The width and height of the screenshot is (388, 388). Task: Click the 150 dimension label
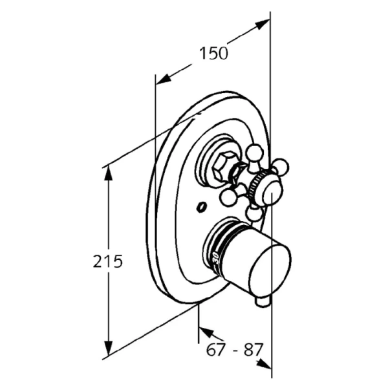tap(213, 54)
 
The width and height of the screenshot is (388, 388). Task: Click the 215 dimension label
tap(107, 261)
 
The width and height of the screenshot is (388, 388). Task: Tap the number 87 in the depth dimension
tap(253, 350)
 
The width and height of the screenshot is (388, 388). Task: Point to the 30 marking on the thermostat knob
tap(216, 258)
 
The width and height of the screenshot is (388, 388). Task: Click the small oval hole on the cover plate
tap(201, 207)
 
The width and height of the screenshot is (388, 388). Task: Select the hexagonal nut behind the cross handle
tap(225, 167)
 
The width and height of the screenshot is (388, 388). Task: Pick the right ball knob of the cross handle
tap(281, 166)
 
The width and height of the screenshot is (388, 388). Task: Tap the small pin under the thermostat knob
tap(263, 303)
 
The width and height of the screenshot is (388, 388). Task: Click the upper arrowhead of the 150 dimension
tap(263, 24)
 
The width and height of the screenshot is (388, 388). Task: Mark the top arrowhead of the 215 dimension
tap(108, 173)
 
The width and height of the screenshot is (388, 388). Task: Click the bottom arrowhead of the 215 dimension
tap(108, 348)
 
